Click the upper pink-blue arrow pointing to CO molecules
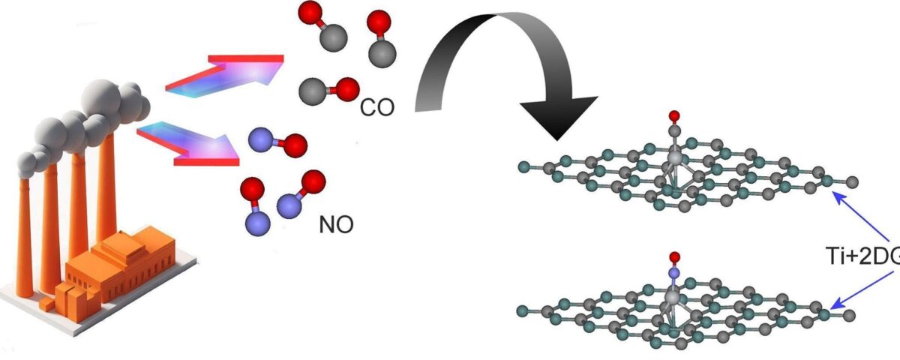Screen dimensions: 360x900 pos(225,74)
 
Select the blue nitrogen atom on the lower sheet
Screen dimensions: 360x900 pos(674,274)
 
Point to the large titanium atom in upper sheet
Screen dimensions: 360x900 pos(675,158)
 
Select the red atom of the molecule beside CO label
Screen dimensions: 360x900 pos(346,90)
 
